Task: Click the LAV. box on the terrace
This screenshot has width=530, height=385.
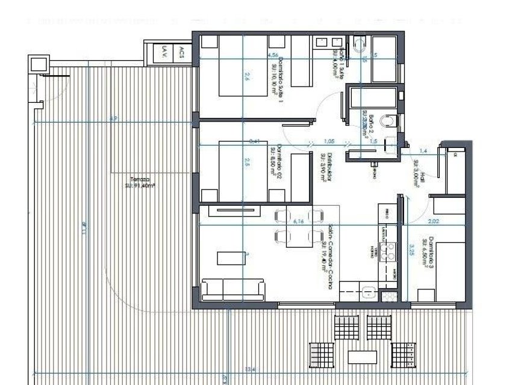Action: (x=161, y=55)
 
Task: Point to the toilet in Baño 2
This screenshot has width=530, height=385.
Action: (x=389, y=122)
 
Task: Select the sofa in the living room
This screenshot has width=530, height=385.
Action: (x=233, y=289)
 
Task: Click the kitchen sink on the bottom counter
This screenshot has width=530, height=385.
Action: (x=370, y=294)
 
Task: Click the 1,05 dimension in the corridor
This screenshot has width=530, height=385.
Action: (x=329, y=141)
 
